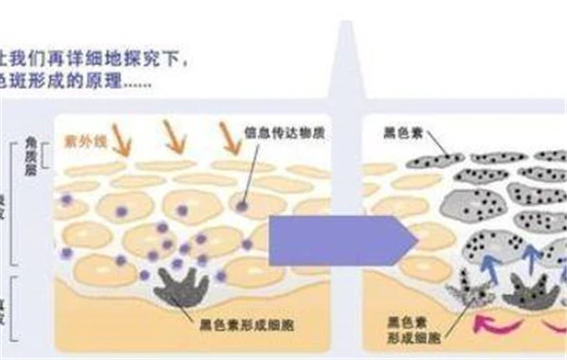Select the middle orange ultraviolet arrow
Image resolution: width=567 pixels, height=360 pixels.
(175, 139)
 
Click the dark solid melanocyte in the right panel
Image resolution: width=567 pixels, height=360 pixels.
(528, 290)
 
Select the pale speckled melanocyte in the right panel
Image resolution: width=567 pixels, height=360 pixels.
(469, 288)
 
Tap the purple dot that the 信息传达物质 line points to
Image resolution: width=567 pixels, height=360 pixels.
(243, 204)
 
